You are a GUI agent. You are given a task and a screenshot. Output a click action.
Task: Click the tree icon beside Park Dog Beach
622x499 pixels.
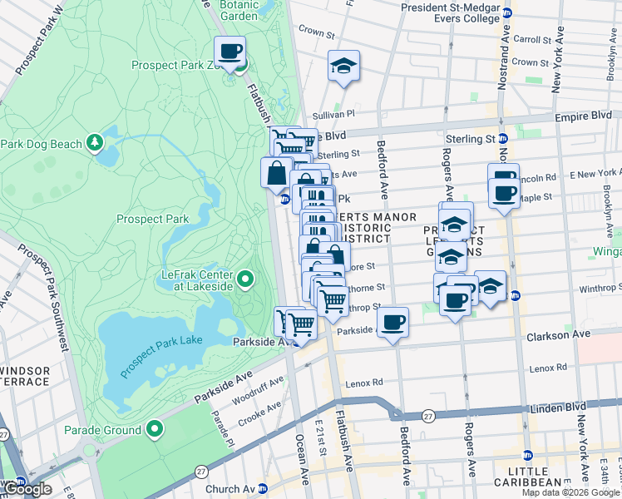pyautogui.click(x=95, y=144)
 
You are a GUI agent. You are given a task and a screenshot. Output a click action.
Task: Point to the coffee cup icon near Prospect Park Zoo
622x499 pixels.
pyautogui.click(x=230, y=52)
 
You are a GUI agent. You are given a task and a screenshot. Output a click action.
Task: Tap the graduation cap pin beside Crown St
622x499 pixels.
pyautogui.click(x=343, y=67)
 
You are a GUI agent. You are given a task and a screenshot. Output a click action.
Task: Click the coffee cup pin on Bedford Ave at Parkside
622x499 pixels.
pyautogui.click(x=392, y=321)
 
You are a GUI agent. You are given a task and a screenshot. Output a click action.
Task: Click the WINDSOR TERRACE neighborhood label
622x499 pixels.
pyautogui.click(x=25, y=376)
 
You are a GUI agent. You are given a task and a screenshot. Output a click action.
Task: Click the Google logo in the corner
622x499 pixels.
pyautogui.click(x=27, y=489)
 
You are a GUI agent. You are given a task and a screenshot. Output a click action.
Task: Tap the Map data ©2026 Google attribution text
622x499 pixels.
pyautogui.click(x=570, y=492)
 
